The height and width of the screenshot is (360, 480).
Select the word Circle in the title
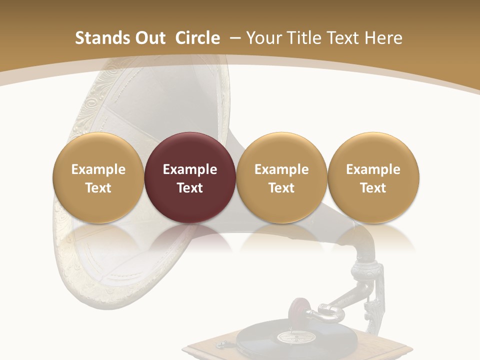(197, 38)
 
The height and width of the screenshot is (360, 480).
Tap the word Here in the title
(383, 38)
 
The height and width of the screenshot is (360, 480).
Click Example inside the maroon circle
(190, 169)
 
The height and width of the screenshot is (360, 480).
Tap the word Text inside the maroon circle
(190, 188)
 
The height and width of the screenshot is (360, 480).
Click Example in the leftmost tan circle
(98, 169)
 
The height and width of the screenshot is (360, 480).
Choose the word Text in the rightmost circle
(373, 188)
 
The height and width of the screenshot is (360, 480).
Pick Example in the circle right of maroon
(281, 169)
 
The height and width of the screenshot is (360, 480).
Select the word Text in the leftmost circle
(98, 188)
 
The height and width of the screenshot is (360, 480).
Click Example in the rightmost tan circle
(373, 169)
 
